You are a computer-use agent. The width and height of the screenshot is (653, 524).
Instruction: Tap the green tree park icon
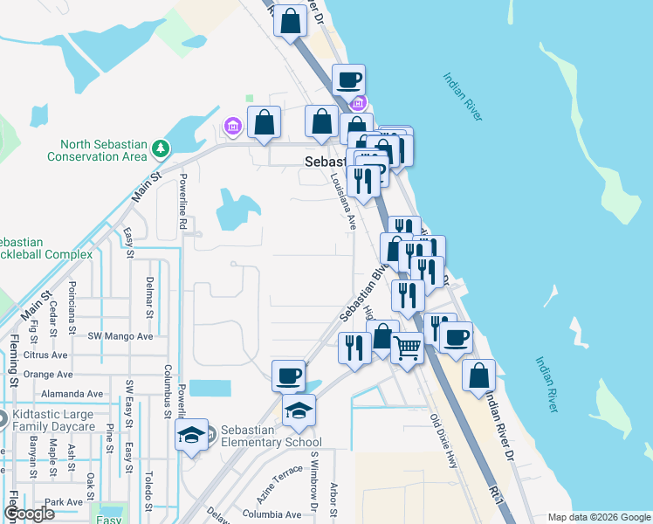(161, 149)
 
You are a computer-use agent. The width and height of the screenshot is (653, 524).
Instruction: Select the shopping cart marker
(408, 348)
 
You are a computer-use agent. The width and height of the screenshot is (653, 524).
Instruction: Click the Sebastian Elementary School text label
(272, 436)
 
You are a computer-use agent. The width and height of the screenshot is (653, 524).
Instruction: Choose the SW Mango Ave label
(120, 335)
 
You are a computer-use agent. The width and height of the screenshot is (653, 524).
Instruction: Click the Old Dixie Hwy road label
(443, 441)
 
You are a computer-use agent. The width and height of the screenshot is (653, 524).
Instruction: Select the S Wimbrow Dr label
(313, 479)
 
